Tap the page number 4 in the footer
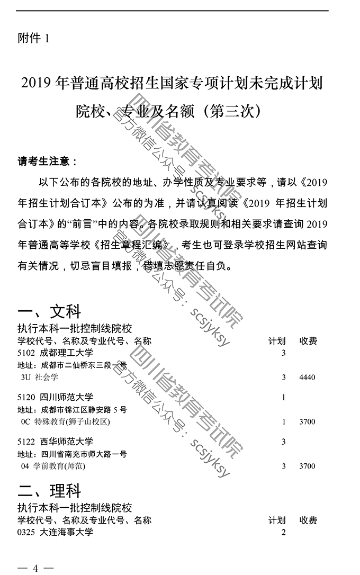[35, 568]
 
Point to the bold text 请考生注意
[48, 161]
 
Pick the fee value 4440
[307, 378]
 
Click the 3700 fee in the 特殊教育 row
[307, 422]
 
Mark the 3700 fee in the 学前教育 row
[307, 466]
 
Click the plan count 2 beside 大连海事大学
[284, 532]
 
